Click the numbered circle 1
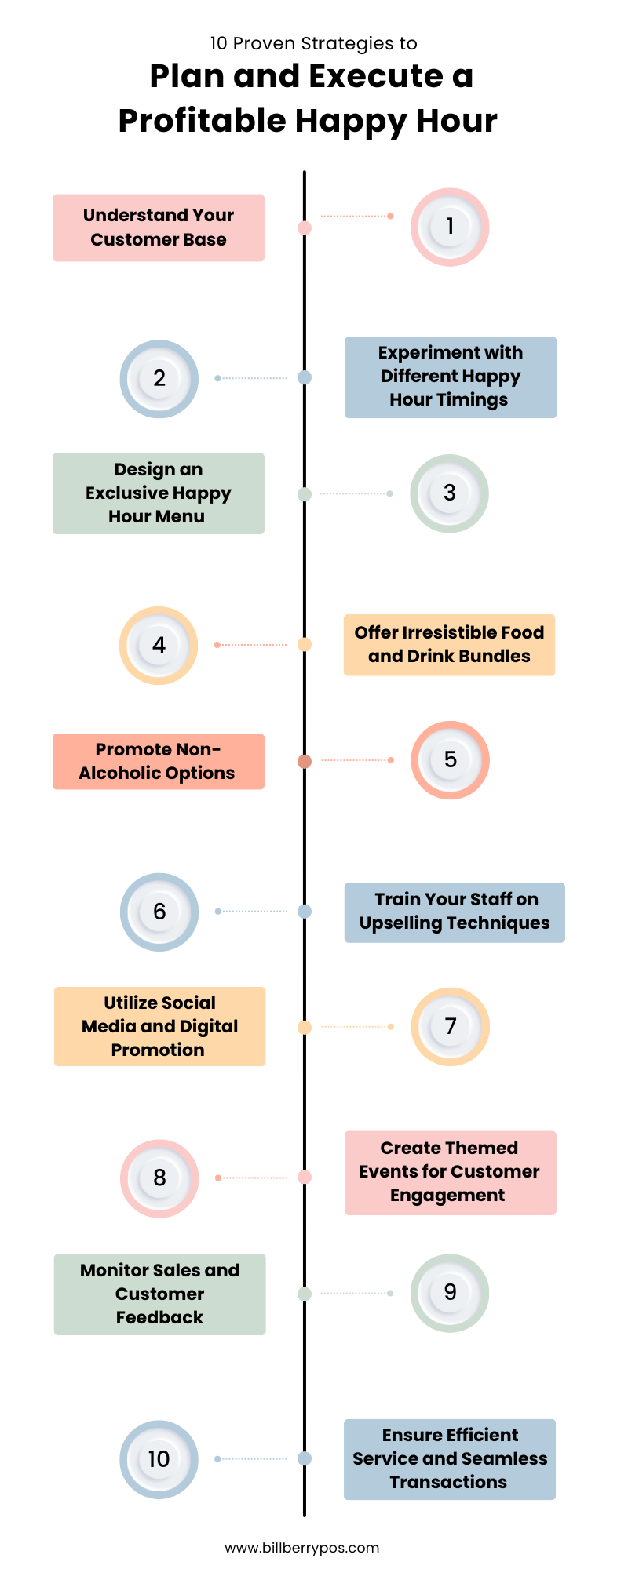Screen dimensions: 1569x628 point(450,227)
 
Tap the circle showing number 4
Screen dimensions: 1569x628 point(159,645)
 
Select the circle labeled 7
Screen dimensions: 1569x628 point(450,1026)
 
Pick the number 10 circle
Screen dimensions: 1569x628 point(159,1459)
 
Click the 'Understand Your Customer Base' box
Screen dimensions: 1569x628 point(159,228)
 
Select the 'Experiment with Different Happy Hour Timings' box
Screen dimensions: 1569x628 point(450,377)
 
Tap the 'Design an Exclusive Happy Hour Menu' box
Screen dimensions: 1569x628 point(159,493)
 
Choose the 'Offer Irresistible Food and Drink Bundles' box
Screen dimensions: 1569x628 point(449,645)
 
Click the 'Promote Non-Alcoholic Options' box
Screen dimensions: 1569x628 point(159,761)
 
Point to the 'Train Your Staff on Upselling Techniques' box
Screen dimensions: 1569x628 point(455,912)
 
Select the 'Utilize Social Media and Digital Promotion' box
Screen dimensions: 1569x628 point(159,1026)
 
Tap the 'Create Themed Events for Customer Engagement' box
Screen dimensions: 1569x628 point(450,1172)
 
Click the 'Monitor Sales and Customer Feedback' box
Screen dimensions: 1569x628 point(159,1294)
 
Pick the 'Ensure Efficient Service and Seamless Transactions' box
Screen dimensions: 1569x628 point(450,1459)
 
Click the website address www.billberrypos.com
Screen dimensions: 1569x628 point(302,1548)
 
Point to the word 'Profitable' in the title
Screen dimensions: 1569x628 point(202,122)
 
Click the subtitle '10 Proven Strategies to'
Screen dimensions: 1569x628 point(313,43)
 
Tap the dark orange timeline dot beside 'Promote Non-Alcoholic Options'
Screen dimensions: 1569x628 point(305,761)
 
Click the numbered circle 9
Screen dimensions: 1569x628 point(450,1293)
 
